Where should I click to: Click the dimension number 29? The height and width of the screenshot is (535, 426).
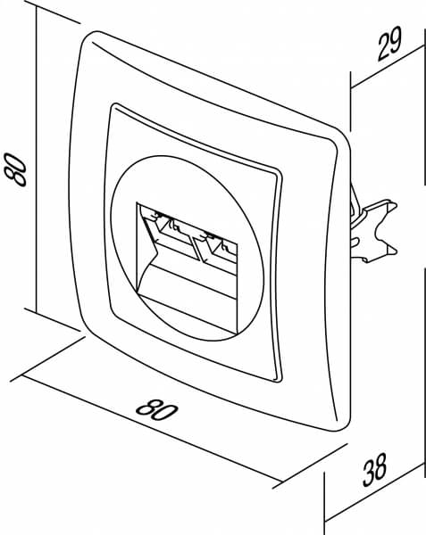pos(389,44)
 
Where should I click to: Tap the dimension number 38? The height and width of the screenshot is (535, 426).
pos(374,470)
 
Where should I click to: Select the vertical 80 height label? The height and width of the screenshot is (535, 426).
pos(15,169)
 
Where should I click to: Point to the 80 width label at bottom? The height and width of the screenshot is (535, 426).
pos(157,410)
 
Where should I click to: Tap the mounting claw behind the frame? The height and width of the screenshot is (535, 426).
pos(373,229)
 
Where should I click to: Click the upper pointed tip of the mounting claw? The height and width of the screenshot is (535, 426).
pos(397,205)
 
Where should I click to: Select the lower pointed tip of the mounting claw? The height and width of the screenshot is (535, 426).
pos(397,251)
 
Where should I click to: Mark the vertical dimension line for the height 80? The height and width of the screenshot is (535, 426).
pos(36,159)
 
